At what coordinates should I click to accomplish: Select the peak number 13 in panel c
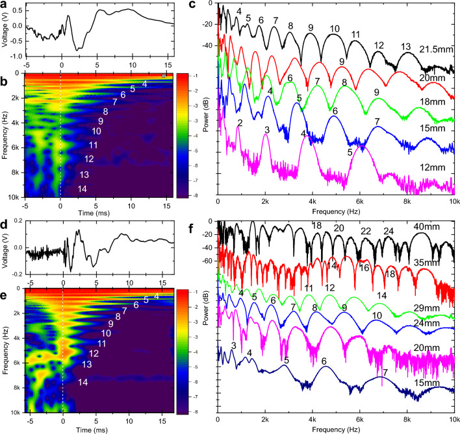click(406, 47)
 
